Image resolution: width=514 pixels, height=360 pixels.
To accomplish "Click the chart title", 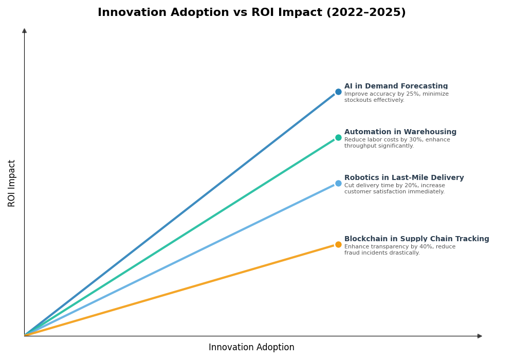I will click(x=251, y=13).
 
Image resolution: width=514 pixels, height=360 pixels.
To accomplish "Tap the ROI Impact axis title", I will click(x=12, y=183).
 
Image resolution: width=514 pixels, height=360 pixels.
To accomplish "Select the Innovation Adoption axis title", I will click(x=251, y=348).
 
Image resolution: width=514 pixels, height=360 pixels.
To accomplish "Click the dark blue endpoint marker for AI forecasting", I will click(x=338, y=92).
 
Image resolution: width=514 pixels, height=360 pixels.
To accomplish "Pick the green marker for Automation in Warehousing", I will click(x=338, y=138).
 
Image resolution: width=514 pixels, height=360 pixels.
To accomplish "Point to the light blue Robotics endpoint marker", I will click(x=338, y=184).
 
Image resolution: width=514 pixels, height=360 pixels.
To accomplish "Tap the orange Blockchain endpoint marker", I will click(x=338, y=245).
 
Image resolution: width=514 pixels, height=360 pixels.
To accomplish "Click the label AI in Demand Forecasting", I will click(x=396, y=86).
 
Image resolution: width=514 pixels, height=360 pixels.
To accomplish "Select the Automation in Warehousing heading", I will click(x=400, y=132).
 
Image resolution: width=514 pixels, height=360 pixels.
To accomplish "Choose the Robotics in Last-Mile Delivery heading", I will click(x=403, y=178).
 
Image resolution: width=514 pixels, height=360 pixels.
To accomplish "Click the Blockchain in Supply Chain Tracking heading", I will click(x=416, y=239).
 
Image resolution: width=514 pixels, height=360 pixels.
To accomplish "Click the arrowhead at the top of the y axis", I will click(x=24, y=31).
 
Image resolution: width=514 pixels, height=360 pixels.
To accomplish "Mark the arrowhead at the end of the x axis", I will click(x=480, y=336).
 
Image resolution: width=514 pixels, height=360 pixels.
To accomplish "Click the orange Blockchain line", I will click(x=180, y=291).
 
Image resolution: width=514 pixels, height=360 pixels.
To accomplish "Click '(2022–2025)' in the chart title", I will click(x=365, y=13).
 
